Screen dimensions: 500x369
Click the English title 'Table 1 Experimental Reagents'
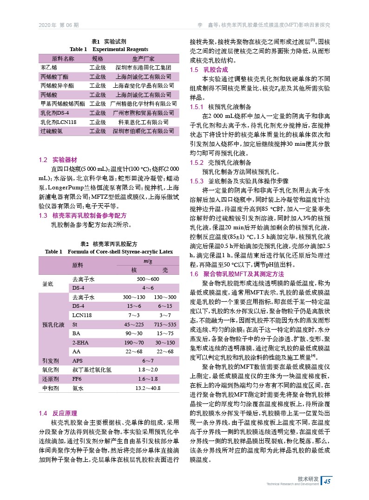click(x=109, y=49)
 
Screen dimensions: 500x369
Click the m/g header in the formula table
click(x=148, y=262)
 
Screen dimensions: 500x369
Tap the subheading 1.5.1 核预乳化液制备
click(x=221, y=106)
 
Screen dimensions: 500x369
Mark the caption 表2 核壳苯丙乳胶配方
click(x=109, y=243)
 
